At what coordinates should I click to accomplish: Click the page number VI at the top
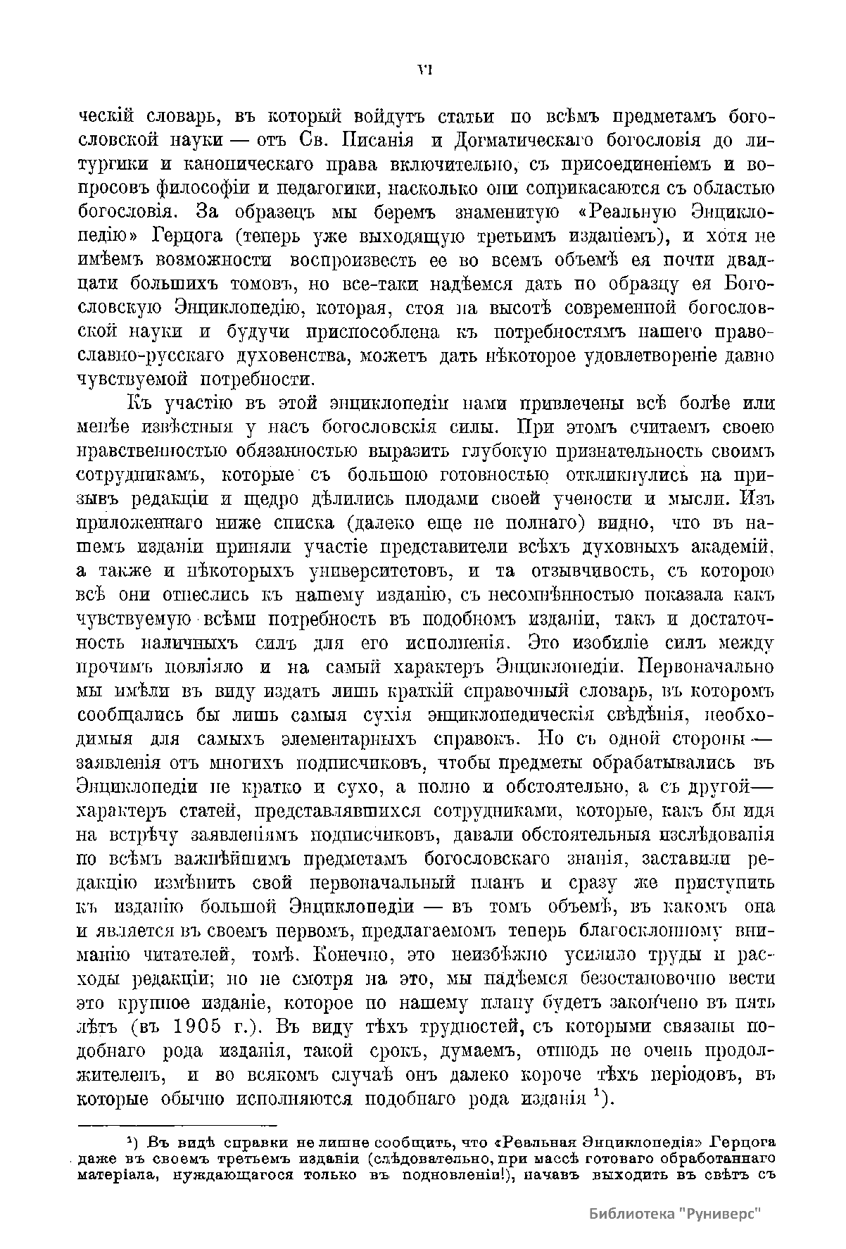424,69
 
